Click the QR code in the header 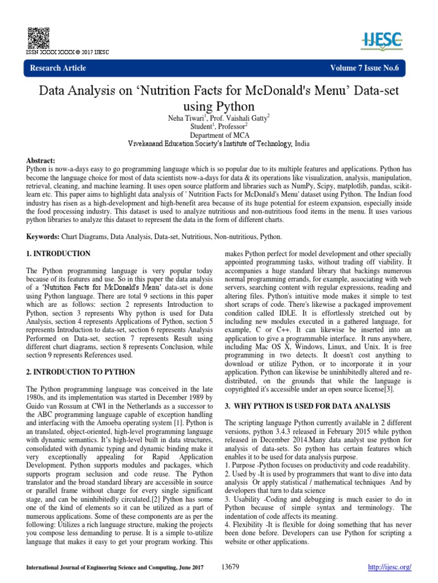[x=35, y=36]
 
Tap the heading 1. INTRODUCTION [x=59, y=253]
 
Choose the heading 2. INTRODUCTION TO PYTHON [x=80, y=372]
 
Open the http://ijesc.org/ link [x=391, y=567]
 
